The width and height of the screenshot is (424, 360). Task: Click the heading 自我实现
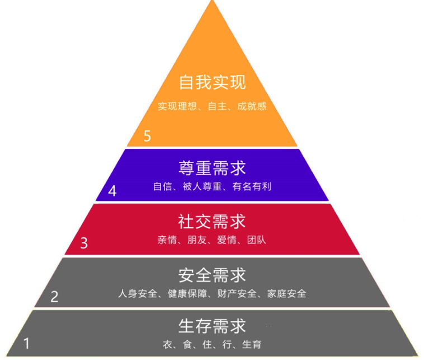tap(212, 83)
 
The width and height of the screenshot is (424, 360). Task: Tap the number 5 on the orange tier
tap(147, 136)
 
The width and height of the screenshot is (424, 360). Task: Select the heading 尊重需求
tap(212, 168)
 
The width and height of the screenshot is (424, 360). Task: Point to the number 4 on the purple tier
tap(112, 191)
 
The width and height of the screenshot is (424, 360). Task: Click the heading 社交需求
tap(212, 221)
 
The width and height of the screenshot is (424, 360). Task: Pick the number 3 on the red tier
tap(84, 244)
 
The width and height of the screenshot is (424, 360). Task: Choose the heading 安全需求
tap(212, 275)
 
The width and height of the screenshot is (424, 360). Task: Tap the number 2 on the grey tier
tap(54, 297)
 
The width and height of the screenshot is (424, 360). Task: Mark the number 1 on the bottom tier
tap(26, 343)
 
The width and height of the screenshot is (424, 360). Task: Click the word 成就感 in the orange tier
tap(252, 106)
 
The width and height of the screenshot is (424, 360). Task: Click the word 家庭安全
tap(287, 293)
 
